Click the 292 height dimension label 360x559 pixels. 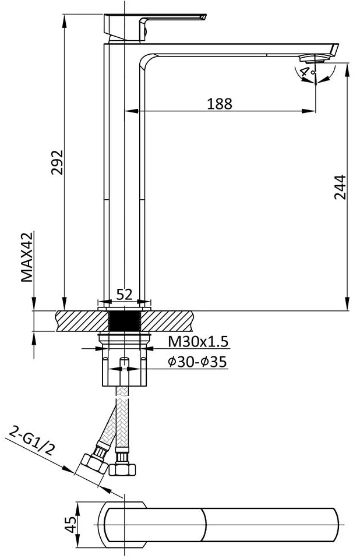[57, 162]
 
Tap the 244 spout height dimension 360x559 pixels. [340, 187]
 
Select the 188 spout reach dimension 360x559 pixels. [220, 104]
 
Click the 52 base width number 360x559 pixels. [125, 295]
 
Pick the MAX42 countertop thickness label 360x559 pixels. [27, 257]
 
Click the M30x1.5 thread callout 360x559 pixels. [198, 342]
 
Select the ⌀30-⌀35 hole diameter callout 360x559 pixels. [197, 362]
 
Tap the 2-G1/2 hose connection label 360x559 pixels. [32, 441]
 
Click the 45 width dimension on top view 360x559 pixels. [71, 525]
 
